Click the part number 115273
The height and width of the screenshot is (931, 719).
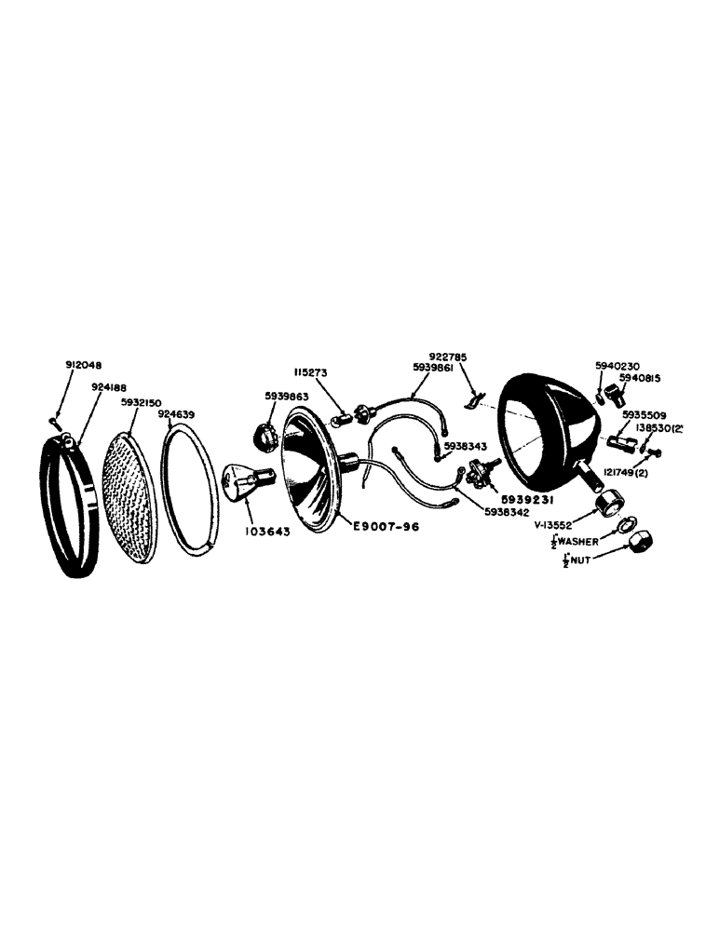point(312,371)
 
